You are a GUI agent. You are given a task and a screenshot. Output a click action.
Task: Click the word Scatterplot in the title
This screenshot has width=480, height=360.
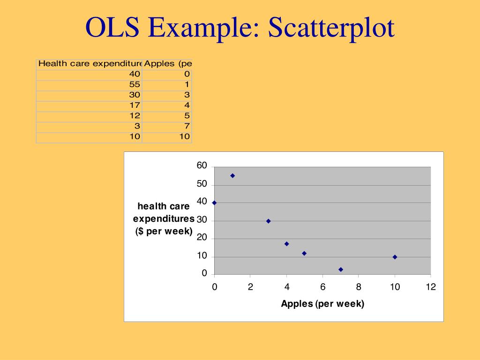[331, 28]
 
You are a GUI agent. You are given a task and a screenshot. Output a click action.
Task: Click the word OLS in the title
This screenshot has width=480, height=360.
[112, 28]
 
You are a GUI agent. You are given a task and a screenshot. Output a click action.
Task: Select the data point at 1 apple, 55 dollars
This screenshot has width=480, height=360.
[232, 176]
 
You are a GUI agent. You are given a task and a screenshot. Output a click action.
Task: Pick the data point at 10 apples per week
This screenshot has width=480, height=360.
[395, 257]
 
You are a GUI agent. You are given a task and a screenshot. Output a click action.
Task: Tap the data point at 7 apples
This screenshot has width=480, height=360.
[341, 270]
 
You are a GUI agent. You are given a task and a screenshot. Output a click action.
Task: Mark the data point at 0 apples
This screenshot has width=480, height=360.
[214, 202]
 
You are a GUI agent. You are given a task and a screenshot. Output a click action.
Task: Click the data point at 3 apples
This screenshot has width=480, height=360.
[269, 221]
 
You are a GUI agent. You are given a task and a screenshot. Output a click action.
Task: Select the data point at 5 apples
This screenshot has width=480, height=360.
[304, 253]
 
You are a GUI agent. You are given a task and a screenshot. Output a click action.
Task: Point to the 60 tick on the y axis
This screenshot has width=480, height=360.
[202, 166]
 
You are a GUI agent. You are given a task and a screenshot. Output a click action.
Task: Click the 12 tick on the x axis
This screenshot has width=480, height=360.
[431, 287]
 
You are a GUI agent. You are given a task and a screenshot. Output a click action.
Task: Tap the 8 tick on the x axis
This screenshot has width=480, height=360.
[359, 287]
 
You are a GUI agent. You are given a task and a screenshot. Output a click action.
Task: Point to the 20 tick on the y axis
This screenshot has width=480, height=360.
[202, 238]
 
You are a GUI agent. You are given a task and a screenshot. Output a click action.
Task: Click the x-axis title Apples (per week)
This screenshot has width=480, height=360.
[322, 304]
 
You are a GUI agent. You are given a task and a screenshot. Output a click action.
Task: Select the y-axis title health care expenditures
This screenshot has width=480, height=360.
[164, 218]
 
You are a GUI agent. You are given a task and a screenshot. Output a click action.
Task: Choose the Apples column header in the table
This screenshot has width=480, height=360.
[168, 63]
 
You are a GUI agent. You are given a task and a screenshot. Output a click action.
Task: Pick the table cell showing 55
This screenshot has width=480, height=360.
[135, 84]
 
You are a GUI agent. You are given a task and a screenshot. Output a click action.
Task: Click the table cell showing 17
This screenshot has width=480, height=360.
[135, 105]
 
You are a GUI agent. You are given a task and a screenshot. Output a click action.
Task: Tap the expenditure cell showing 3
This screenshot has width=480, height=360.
[137, 126]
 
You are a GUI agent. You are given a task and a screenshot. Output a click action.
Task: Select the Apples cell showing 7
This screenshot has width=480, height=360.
[187, 126]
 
